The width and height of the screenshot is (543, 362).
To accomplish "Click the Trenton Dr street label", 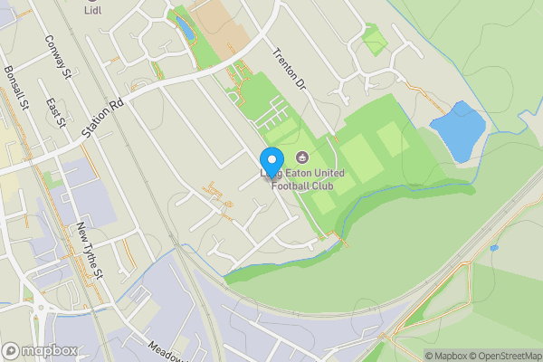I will pyautogui.click(x=289, y=69).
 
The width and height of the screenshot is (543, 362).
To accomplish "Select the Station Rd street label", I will pyautogui.click(x=101, y=119).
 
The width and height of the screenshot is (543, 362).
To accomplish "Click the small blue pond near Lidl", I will pyautogui.click(x=186, y=29).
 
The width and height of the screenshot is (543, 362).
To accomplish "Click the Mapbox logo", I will pyautogui.click(x=39, y=350).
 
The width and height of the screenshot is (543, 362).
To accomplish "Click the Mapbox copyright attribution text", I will pyautogui.click(x=445, y=355).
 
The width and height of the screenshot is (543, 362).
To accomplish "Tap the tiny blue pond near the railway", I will pyautogui.click(x=493, y=247).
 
